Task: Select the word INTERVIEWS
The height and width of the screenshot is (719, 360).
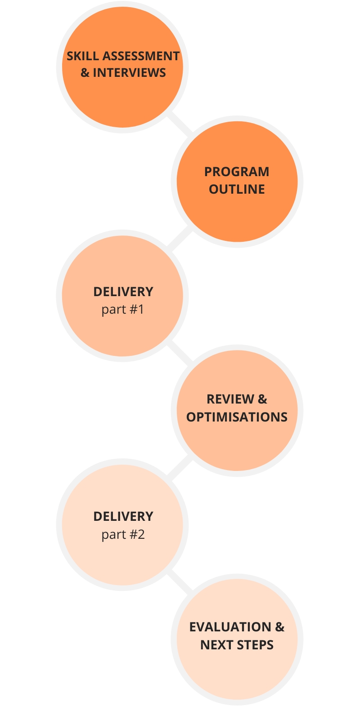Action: [130, 73]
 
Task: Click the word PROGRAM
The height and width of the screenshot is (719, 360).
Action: [237, 172]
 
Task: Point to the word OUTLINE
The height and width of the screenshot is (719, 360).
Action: [237, 189]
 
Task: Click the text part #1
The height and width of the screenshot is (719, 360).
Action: [122, 310]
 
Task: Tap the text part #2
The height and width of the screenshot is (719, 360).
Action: [122, 535]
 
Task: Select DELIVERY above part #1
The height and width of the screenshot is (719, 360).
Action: [123, 292]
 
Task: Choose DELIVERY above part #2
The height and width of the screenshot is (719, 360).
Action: [123, 517]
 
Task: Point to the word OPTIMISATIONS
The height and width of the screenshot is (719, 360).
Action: [237, 417]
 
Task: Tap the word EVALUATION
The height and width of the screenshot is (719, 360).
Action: [230, 627]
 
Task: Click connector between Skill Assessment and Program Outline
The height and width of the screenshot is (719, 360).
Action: [180, 123]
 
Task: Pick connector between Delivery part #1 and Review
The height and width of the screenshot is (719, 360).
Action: [180, 352]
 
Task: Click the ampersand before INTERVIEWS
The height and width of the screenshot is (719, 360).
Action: [85, 73]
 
